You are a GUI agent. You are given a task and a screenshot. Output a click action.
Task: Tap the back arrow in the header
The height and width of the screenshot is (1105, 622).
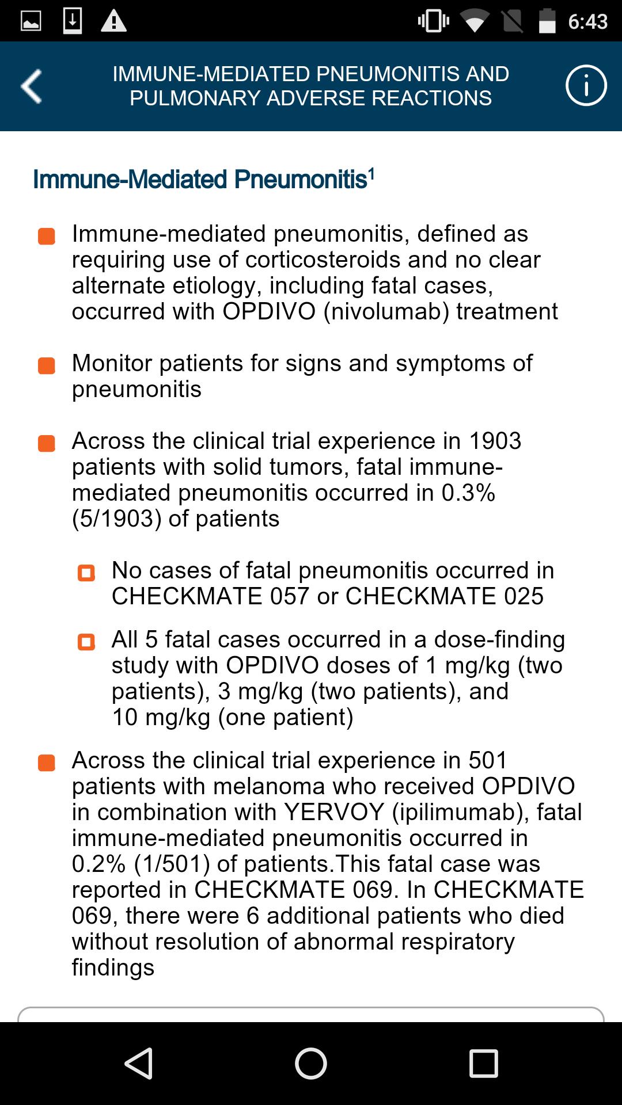pos(32,86)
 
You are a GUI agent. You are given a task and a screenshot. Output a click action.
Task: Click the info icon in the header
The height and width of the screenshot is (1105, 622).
pos(586,86)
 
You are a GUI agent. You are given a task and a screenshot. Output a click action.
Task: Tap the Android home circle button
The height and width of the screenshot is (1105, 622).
pos(311,1063)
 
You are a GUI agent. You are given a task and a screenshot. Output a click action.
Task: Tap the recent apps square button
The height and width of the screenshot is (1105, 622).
pos(483,1063)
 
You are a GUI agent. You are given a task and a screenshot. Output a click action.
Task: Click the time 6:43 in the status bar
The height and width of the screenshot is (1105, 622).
pos(587,22)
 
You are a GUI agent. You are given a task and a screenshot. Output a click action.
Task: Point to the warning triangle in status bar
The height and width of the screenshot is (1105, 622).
pos(113,22)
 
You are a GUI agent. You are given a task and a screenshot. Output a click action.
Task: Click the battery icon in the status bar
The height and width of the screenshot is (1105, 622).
pos(547,21)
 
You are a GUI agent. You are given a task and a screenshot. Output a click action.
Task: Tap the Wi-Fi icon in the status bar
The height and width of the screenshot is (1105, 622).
pos(474,22)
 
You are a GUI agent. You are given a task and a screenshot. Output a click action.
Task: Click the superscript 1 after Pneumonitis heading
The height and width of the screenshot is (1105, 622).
pos(371,173)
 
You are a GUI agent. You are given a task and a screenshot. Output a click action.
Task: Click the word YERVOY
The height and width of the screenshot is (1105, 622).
pos(334,812)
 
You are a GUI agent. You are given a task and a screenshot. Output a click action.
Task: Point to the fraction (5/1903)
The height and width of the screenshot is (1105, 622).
pos(116,519)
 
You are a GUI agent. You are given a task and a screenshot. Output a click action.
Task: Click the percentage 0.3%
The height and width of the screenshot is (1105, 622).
pos(468,493)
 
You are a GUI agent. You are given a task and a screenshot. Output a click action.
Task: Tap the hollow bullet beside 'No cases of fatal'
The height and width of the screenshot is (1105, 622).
pos(86,573)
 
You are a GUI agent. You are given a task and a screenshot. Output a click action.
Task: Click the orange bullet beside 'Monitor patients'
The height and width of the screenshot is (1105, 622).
pos(47,366)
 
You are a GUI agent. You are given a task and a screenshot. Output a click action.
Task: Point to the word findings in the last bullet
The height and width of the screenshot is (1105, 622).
pos(113,967)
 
